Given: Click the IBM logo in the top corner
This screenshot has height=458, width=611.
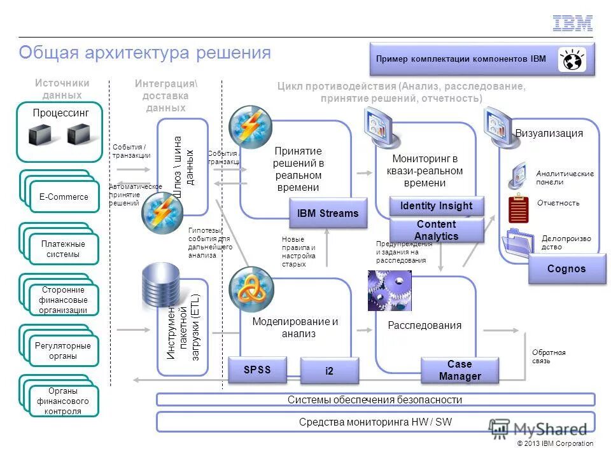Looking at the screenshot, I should (x=572, y=24).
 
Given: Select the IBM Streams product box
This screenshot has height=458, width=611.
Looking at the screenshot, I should (x=328, y=214).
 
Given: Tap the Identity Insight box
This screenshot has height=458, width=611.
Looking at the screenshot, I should (x=436, y=205).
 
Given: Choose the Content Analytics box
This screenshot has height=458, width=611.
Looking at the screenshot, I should (x=436, y=230).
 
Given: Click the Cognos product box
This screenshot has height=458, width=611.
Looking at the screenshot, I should (x=566, y=268).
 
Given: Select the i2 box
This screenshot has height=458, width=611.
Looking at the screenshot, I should (x=329, y=371).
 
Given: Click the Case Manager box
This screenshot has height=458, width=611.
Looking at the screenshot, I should (x=459, y=370).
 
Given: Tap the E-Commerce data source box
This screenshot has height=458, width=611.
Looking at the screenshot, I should (x=64, y=197).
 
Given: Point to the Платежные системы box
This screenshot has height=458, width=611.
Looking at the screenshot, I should (x=64, y=249).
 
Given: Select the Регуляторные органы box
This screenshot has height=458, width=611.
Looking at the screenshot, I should (x=64, y=351).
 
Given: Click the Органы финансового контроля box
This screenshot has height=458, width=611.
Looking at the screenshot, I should (x=64, y=401).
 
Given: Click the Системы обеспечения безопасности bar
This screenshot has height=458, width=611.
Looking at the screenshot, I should (x=375, y=399).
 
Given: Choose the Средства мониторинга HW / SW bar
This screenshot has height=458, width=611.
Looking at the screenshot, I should (x=375, y=422).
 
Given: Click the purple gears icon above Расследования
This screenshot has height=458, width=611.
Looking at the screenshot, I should (x=390, y=291).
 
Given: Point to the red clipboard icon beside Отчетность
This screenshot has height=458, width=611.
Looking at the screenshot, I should (x=519, y=209).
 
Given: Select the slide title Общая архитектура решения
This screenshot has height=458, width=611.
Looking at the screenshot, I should (x=145, y=52).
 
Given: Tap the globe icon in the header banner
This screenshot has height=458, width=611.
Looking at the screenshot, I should (x=572, y=60).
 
